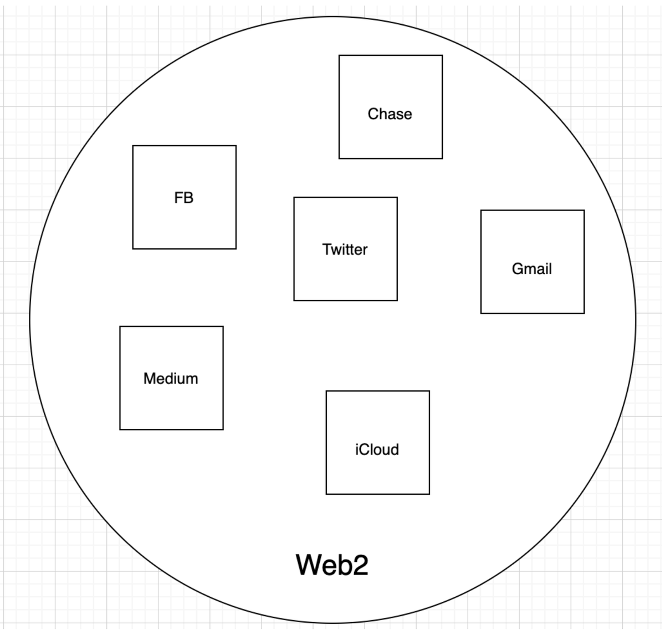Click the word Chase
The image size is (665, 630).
point(390,114)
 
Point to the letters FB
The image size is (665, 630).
point(184,198)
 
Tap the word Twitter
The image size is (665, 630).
point(345,249)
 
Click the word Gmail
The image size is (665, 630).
point(531,269)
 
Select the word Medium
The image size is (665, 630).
point(171,378)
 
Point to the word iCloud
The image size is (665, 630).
point(377,449)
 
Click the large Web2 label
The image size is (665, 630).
point(332,565)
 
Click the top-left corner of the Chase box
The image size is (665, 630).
point(339,55)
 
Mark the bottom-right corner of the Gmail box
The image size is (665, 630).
point(584,313)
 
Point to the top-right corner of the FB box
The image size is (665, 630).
point(236,146)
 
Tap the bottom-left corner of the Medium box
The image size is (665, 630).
point(120,429)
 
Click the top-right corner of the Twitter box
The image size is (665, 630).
point(397,197)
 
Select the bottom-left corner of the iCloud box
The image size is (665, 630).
point(326,494)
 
